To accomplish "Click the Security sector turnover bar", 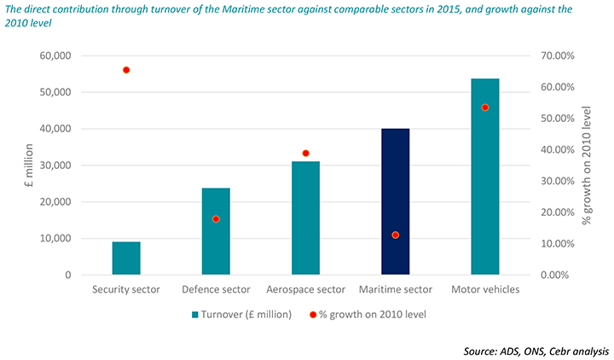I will [126, 258].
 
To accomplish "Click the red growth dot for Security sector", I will [126, 70].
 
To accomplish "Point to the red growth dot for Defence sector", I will [216, 219].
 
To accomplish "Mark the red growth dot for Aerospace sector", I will [305, 154].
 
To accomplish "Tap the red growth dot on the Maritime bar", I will [395, 235].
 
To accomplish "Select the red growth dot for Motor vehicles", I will [484, 107].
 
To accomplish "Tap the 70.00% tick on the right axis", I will [554, 55].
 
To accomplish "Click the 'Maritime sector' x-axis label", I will [395, 289].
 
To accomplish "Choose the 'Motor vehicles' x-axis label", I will [484, 289].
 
